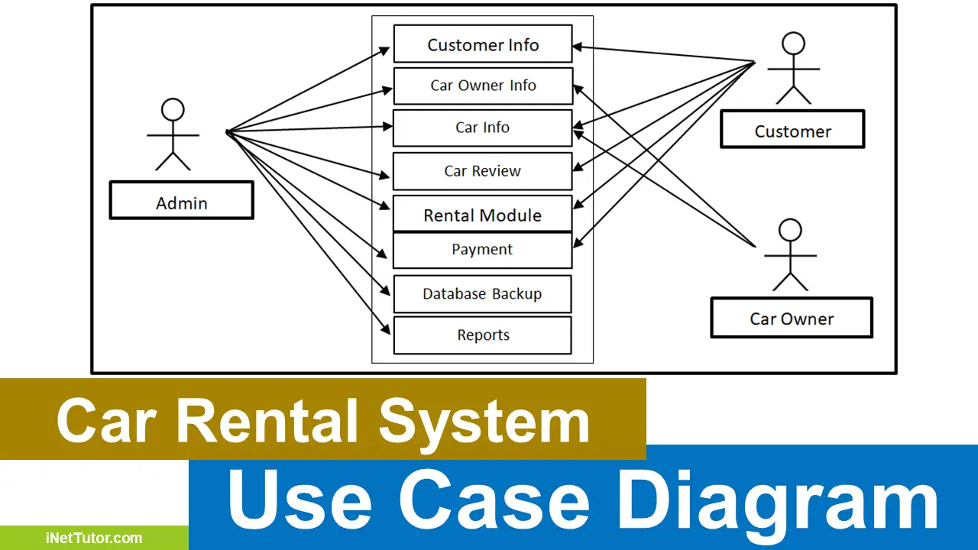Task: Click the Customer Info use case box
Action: point(482,44)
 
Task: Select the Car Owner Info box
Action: point(482,86)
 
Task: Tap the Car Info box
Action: point(482,128)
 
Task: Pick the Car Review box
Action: point(482,171)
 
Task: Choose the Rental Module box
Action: point(482,215)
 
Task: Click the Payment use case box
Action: point(482,250)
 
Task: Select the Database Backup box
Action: point(482,294)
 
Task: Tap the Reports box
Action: point(482,335)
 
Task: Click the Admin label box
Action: point(181,203)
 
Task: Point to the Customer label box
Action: point(792,131)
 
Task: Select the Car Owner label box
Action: point(792,319)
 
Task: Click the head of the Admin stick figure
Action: point(173,110)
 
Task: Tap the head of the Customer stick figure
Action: point(794,44)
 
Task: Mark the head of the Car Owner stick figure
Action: point(790,230)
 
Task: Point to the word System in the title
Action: point(484,421)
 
